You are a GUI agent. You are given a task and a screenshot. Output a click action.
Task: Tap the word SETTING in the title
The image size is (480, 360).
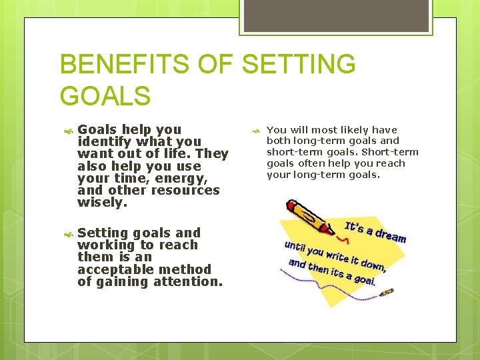click(x=299, y=65)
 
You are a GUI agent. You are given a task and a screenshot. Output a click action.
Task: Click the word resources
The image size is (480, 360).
click(x=185, y=190)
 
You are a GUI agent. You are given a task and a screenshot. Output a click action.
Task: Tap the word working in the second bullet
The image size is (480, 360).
click(x=104, y=245)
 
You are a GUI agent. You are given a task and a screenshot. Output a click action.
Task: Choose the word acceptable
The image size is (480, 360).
click(x=113, y=269)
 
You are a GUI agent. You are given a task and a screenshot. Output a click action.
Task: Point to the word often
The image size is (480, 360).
click(x=307, y=163)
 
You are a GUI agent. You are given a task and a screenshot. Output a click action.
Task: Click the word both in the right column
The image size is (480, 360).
click(x=277, y=141)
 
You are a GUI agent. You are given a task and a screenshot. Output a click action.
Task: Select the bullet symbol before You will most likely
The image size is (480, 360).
click(x=256, y=131)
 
